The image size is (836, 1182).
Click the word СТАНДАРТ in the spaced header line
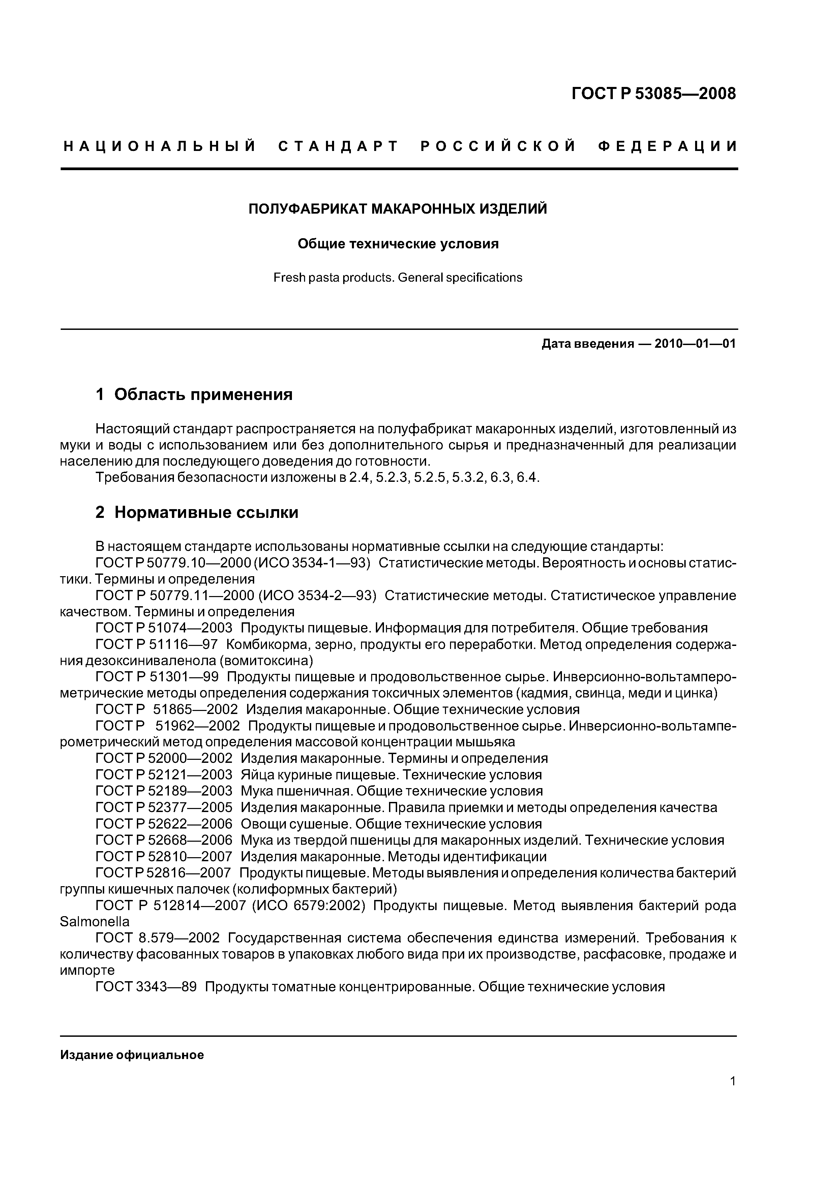click(338, 147)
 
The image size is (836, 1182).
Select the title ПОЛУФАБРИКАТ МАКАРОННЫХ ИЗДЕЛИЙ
click(398, 209)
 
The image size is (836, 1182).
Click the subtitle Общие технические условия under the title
click(398, 244)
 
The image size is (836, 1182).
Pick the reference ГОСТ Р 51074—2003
click(164, 628)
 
